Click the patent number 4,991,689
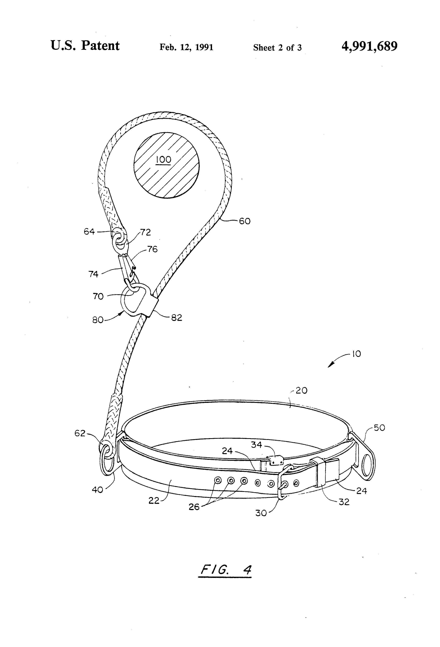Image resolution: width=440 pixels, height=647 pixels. [x=369, y=46]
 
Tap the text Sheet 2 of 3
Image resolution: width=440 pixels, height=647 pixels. [x=277, y=48]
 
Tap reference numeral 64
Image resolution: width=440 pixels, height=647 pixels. [x=89, y=231]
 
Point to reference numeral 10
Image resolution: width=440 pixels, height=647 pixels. [x=356, y=354]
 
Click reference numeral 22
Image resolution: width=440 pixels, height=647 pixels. [x=154, y=501]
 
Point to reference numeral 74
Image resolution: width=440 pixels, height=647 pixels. [x=93, y=274]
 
